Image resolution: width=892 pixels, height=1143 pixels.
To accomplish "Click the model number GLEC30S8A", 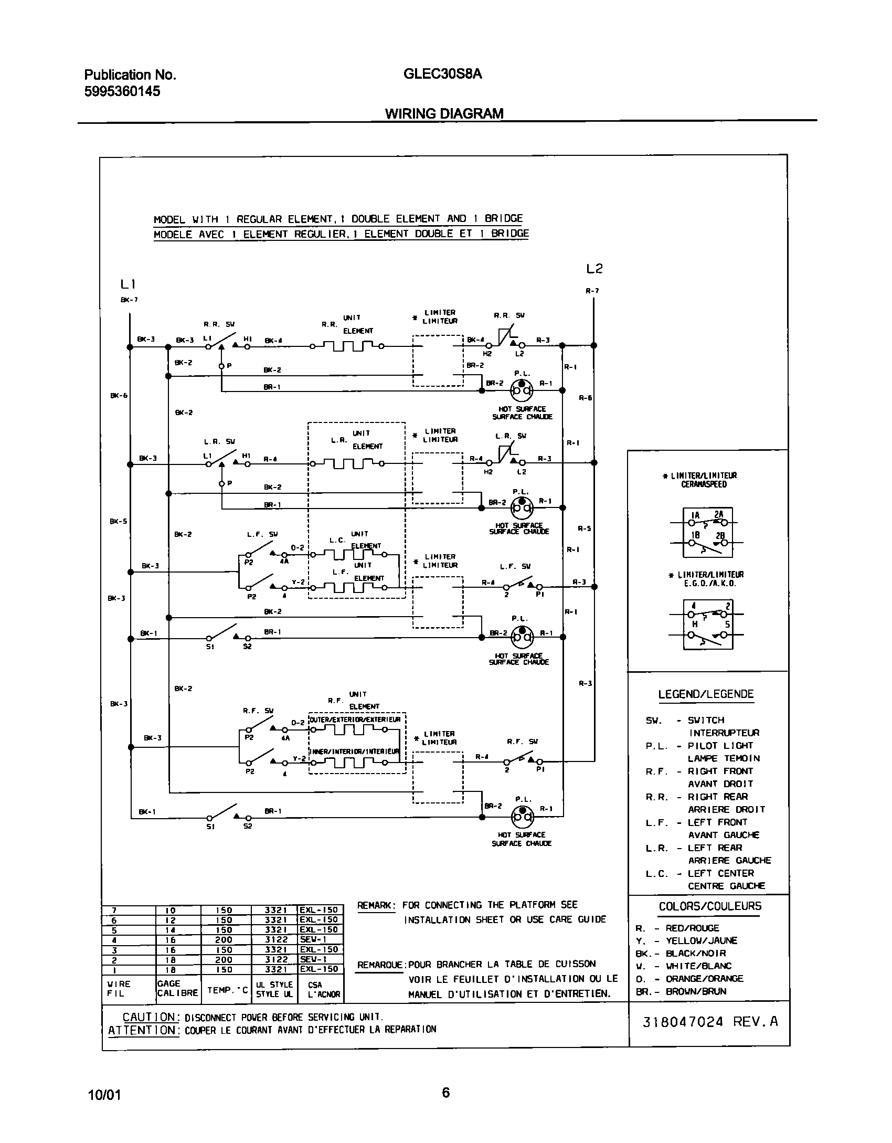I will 442,74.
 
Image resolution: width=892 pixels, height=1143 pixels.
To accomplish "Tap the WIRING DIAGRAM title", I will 444,113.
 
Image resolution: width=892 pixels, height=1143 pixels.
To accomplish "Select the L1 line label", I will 128,284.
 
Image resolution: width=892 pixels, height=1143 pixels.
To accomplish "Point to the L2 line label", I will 594,269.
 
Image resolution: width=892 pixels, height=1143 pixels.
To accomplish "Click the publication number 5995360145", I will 122,91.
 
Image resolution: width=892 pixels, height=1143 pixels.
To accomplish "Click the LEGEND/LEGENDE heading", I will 706,694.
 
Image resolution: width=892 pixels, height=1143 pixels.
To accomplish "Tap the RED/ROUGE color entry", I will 692,928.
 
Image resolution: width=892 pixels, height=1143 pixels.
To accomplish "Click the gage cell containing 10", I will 170,911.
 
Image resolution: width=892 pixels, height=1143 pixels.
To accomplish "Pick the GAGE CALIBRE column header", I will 177,988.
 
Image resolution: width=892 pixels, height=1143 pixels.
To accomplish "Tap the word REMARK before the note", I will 376,905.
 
